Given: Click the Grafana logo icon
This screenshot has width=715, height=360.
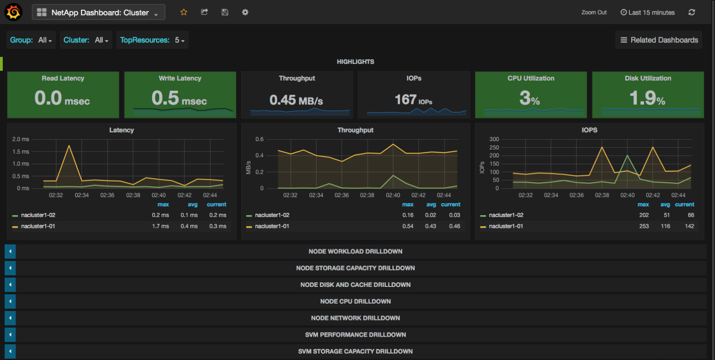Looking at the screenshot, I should click(13, 12).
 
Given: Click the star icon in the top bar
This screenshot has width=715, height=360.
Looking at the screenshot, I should click(183, 12).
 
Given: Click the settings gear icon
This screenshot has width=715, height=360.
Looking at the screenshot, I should click(245, 12).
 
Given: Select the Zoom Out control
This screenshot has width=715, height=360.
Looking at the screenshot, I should click(594, 13).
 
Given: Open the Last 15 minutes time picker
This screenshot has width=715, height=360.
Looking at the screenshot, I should click(648, 13).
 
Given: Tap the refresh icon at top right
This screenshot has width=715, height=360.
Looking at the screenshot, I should click(692, 13).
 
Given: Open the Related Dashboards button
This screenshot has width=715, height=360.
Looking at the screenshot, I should click(659, 40).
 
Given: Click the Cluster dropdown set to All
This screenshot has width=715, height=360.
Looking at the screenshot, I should click(87, 40).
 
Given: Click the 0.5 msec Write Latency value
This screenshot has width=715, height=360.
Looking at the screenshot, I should click(179, 98).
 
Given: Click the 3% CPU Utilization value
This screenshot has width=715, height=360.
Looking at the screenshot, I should click(530, 98).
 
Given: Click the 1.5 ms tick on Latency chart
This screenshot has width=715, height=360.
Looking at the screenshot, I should click(20, 151).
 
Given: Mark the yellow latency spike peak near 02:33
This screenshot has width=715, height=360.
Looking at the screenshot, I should click(69, 145).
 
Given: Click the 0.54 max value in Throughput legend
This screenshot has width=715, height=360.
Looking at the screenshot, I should click(408, 226).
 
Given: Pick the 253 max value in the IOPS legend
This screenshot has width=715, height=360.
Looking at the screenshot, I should click(643, 226).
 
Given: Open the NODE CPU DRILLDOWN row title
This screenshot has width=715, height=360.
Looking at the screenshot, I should click(355, 301).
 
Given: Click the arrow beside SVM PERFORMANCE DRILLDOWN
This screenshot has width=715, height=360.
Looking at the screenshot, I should click(10, 335).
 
